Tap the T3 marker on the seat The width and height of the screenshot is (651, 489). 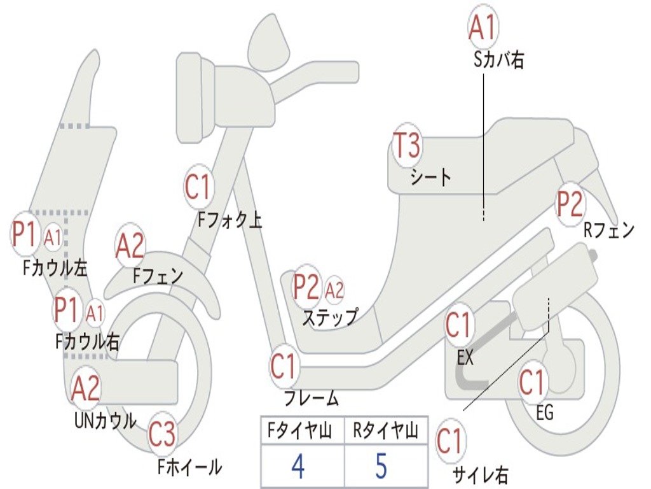click(x=406, y=146)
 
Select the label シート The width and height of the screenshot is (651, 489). click(x=430, y=177)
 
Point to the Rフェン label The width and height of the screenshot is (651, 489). click(x=609, y=230)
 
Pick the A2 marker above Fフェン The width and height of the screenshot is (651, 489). click(x=130, y=246)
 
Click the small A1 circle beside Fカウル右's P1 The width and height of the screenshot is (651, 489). click(x=95, y=313)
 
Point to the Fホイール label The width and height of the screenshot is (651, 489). click(x=189, y=467)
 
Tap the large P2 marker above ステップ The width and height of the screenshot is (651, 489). click(x=306, y=288)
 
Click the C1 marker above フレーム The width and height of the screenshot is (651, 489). click(x=284, y=367)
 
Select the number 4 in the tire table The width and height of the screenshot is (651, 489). click(x=298, y=466)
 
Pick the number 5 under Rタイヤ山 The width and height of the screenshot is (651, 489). click(x=380, y=466)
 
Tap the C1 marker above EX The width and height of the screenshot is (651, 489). click(x=458, y=325)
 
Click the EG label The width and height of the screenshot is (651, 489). click(x=544, y=413)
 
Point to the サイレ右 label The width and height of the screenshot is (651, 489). click(x=481, y=474)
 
